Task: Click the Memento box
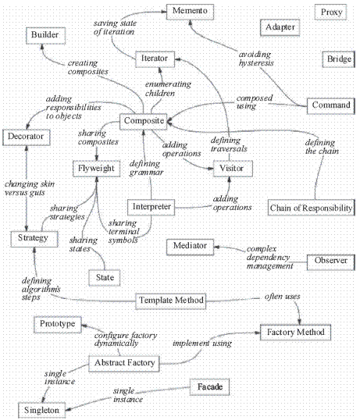pos(190,12)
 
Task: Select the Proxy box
pos(330,12)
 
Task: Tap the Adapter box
pos(280,27)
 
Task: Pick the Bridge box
pos(339,59)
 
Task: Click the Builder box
pos(45,36)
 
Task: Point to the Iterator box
pos(155,59)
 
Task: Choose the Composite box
pos(144,122)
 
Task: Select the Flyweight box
pos(96,169)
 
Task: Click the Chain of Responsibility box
pos(312,208)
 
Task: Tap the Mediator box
pos(190,247)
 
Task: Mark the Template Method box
pos(170,301)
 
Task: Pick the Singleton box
pos(42,410)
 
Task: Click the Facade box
pos(209,387)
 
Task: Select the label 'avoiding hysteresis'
pos(256,59)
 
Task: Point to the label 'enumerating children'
pos(168,89)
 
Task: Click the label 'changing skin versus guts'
pos(30,188)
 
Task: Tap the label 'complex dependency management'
pos(269,257)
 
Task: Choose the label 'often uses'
pos(283,297)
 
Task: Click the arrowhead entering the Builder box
pos(42,47)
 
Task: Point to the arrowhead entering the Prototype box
pos(84,326)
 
